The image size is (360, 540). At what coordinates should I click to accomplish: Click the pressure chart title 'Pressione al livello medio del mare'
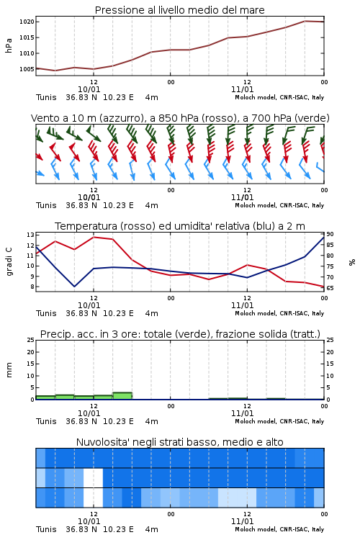click(179, 10)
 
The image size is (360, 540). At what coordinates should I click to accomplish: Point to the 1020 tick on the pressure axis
click(27, 22)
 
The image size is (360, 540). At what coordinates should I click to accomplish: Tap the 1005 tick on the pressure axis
click(27, 69)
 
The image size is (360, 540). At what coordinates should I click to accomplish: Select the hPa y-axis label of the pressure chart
click(9, 45)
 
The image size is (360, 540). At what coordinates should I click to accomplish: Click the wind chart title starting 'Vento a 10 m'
click(180, 118)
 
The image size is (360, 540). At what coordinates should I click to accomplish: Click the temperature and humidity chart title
click(180, 226)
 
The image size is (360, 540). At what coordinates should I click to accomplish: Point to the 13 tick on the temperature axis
click(30, 235)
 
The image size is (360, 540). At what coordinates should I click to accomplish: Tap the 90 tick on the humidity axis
click(330, 234)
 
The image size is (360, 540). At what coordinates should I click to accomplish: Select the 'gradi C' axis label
click(9, 262)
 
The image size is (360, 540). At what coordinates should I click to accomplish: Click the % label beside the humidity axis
click(352, 262)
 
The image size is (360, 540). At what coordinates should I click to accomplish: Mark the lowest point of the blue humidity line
click(74, 287)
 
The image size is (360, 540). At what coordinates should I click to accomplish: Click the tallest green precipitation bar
click(122, 396)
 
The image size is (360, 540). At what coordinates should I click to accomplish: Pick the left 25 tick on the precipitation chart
click(30, 340)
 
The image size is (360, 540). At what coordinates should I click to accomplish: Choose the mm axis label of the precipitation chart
click(9, 370)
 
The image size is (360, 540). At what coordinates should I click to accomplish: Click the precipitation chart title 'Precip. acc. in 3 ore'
click(180, 334)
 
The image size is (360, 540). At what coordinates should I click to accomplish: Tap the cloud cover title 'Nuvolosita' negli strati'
click(179, 442)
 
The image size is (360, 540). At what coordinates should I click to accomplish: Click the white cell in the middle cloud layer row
click(93, 477)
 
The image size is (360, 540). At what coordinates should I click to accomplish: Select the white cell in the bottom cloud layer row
click(93, 498)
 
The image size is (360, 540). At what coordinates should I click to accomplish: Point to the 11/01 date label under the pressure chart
click(242, 89)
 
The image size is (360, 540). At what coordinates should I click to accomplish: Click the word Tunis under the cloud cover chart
click(46, 529)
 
